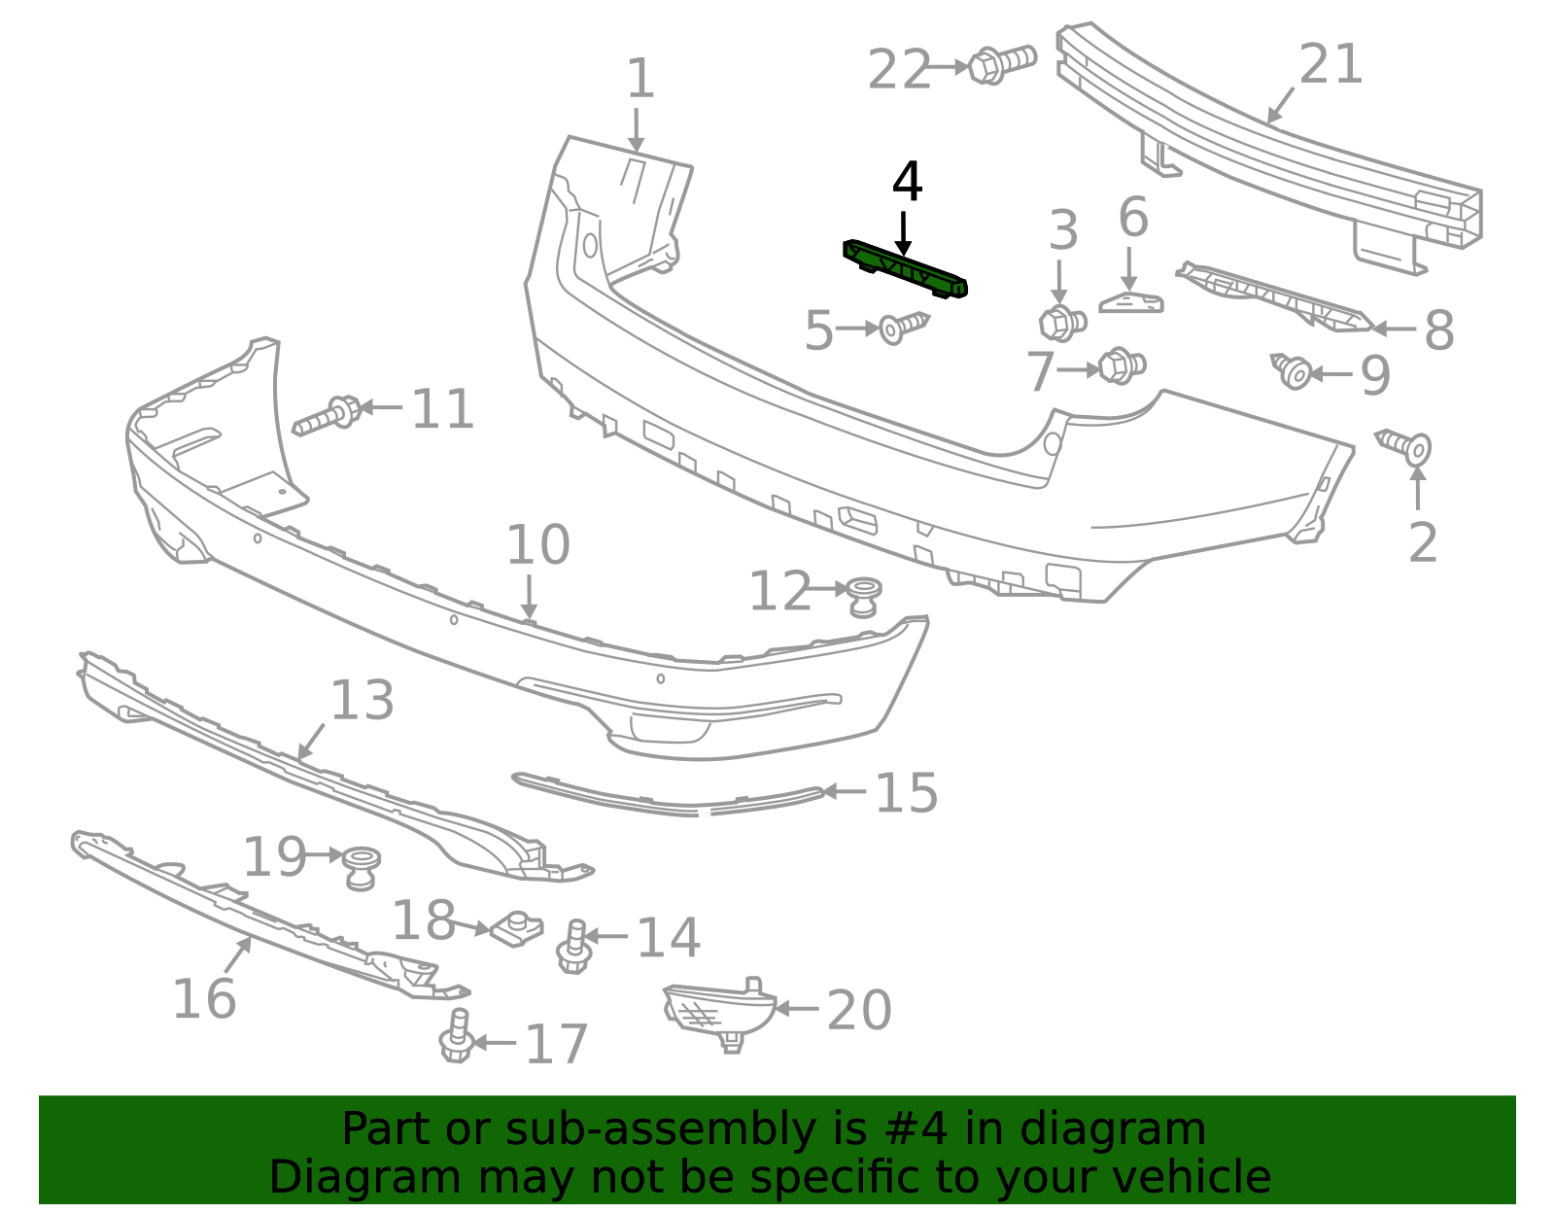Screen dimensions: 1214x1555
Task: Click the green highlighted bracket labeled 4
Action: point(905,268)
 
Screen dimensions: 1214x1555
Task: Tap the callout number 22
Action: point(899,71)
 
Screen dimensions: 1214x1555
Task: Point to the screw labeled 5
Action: point(903,328)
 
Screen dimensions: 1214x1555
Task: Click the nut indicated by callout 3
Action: point(1061,323)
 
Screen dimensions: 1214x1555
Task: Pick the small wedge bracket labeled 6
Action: point(1131,303)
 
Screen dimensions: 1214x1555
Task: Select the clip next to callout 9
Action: point(1293,371)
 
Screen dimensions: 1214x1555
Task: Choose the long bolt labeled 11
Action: point(328,415)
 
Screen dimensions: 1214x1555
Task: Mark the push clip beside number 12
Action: point(863,594)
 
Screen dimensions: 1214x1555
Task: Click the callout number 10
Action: point(537,545)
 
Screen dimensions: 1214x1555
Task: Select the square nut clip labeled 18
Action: point(516,930)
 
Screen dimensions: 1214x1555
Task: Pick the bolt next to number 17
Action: point(456,1037)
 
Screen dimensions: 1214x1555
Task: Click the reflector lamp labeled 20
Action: point(717,1011)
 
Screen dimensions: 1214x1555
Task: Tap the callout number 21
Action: point(1330,64)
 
